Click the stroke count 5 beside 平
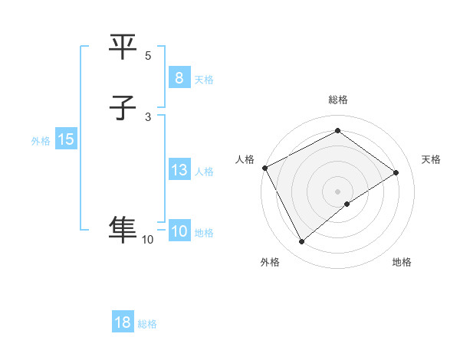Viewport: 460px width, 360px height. [x=148, y=56]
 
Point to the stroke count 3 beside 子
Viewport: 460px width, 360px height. [x=148, y=116]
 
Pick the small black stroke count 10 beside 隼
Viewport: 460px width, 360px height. [x=147, y=240]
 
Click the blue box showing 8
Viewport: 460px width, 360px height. [x=179, y=78]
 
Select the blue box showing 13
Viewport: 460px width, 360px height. [x=179, y=170]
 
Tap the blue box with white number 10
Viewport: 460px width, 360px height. [x=179, y=231]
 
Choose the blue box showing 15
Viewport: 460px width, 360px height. [x=65, y=139]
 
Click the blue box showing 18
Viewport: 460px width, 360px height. [x=123, y=322]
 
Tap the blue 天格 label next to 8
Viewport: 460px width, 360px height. [x=204, y=80]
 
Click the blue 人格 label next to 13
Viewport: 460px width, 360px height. [x=204, y=172]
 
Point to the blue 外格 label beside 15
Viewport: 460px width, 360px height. [x=41, y=141]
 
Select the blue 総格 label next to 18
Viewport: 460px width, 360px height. [x=147, y=324]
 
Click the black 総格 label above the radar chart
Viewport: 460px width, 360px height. [x=338, y=100]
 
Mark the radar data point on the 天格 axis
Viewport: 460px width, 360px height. [x=396, y=172]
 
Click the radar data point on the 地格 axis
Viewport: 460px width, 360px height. [x=347, y=204]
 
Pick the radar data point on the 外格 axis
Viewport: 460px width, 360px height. [x=301, y=242]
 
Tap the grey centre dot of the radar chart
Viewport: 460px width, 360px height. [x=338, y=191]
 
